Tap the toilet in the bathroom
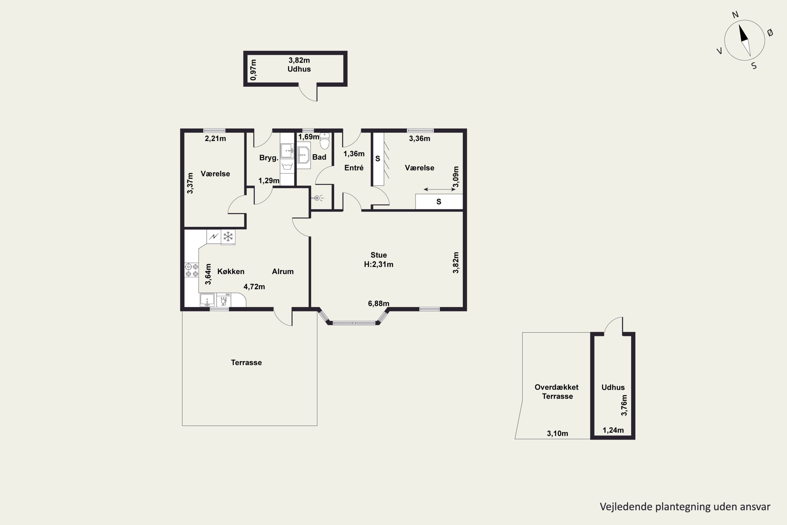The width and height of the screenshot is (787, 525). pos(325,141)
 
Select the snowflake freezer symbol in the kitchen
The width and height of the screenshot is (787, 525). pos(228,237)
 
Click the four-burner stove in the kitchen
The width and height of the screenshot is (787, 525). pos(192,270)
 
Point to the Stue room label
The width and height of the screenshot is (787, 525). pos(379,255)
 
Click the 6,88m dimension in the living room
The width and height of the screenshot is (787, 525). pos(379,303)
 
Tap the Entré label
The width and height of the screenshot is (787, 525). pos(354,168)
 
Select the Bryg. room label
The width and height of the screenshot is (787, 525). pos(269,158)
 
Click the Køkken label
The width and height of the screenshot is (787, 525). pos(231,271)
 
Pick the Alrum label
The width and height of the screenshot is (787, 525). pos(283,271)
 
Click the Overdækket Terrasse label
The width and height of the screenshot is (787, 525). pos(557,392)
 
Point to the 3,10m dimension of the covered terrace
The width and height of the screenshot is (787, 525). pos(557,434)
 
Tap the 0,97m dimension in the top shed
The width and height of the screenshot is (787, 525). pos(253,70)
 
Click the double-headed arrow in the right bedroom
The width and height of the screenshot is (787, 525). pos(439,190)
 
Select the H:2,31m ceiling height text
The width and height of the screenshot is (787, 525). pos(379,264)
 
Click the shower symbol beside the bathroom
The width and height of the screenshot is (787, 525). pos(317,198)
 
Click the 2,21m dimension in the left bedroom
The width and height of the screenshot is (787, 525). pos(215,138)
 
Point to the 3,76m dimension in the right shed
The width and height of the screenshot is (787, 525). pos(624,405)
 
